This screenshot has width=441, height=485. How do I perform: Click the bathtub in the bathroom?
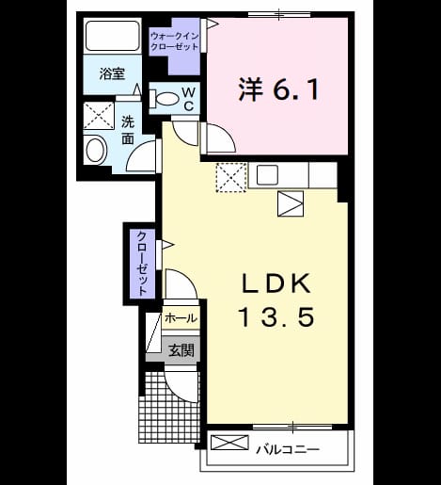tap(112, 36)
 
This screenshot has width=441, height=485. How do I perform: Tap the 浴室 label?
tap(112, 74)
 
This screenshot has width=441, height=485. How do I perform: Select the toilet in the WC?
tap(164, 98)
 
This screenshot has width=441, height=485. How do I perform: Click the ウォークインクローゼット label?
tap(174, 41)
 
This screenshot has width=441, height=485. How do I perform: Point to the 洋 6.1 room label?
tap(278, 89)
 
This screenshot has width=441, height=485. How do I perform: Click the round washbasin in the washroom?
tap(95, 151)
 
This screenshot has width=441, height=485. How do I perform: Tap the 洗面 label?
tap(128, 130)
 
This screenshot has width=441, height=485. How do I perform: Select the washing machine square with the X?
tap(99, 116)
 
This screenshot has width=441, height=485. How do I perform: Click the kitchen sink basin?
tap(267, 174)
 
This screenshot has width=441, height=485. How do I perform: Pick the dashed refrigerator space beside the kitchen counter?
tap(231, 177)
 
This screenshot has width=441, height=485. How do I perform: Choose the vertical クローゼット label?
tap(143, 263)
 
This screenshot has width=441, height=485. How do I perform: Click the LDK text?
tap(276, 283)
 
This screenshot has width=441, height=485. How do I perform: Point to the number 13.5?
tap(276, 316)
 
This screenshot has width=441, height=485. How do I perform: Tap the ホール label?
tap(181, 318)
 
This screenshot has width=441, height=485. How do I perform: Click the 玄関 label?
tap(181, 350)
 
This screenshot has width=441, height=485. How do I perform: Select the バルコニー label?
tap(288, 449)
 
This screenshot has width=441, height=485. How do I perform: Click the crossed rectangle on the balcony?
tap(229, 443)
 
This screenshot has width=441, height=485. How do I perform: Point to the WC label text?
tap(189, 99)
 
